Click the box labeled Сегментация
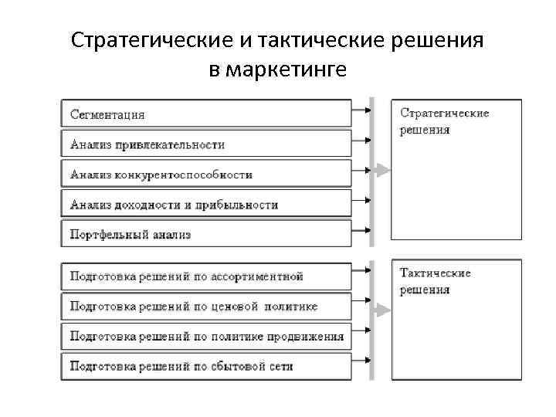click(206, 114)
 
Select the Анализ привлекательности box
click(206, 144)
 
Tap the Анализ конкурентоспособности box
click(206, 175)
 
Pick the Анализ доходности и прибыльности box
click(206, 205)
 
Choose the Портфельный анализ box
click(206, 234)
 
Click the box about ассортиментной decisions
click(206, 276)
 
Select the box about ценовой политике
click(206, 306)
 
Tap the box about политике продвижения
click(206, 336)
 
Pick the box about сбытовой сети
click(206, 365)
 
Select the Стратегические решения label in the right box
click(444, 122)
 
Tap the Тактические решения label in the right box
click(436, 281)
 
